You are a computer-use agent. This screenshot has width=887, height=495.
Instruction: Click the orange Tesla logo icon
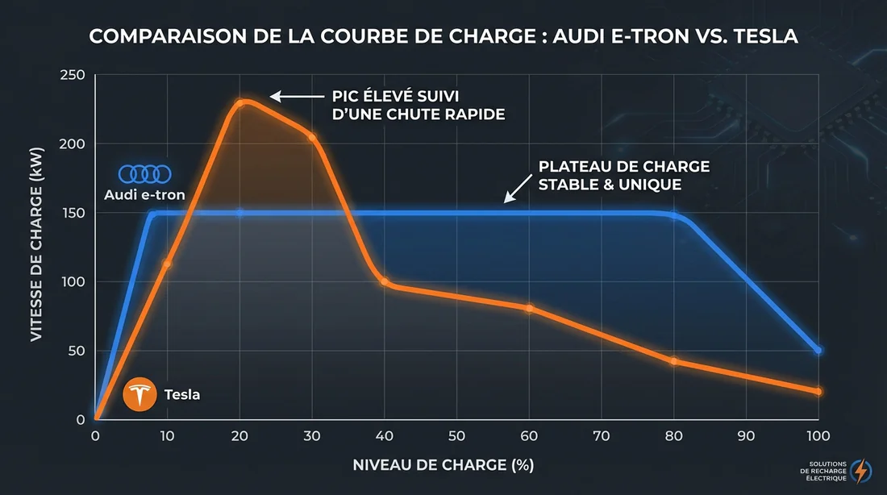(x=140, y=395)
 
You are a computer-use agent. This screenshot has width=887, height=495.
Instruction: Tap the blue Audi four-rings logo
(x=145, y=173)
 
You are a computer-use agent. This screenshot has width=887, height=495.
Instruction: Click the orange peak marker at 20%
(x=239, y=102)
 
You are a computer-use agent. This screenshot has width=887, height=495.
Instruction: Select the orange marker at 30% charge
(x=312, y=137)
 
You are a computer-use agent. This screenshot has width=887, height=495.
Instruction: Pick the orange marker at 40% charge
(x=385, y=282)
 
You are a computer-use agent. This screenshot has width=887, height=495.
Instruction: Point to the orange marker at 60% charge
(x=529, y=308)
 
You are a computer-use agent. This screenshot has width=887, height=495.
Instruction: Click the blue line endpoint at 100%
(x=818, y=351)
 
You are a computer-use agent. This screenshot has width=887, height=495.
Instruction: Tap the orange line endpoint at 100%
(x=818, y=392)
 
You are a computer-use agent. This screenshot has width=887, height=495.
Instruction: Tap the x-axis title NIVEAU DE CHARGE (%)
(x=443, y=465)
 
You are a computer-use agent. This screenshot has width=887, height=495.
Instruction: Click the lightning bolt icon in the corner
(x=861, y=470)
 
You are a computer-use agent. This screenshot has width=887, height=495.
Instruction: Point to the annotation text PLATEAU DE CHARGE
(x=624, y=167)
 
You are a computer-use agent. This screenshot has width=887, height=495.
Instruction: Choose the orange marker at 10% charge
(x=167, y=264)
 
